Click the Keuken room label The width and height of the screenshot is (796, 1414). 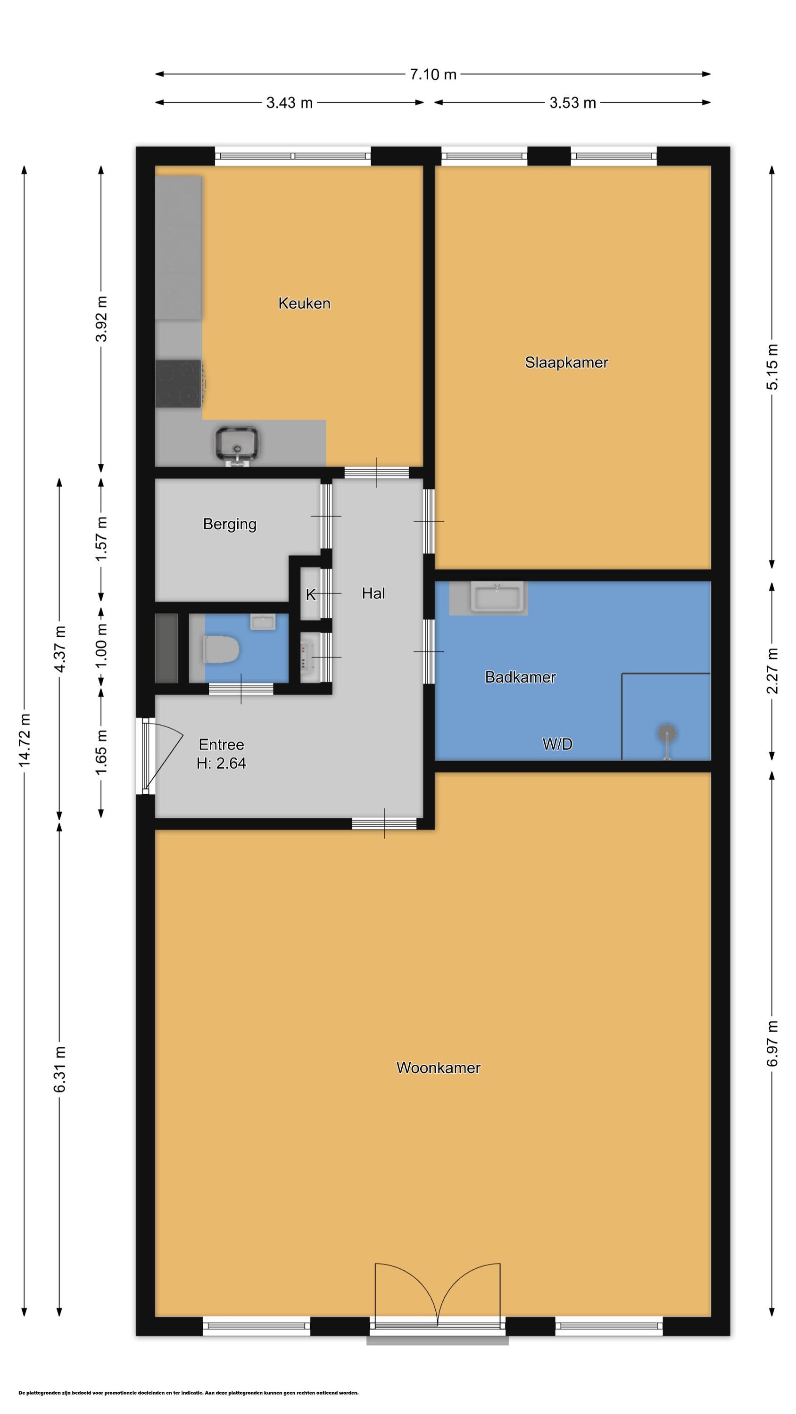304,303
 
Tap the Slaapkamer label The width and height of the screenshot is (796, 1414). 566,362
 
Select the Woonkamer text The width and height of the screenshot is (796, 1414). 439,1068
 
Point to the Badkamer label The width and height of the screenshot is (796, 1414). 520,677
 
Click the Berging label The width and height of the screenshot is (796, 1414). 230,524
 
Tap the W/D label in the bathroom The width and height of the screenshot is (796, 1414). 557,744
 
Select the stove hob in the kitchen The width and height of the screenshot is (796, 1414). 179,384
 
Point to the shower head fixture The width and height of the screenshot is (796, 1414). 666,733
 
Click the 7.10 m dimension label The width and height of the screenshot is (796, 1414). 433,74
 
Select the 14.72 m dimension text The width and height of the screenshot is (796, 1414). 25,740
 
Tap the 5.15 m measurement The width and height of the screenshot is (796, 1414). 772,367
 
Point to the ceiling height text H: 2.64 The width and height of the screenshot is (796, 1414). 221,763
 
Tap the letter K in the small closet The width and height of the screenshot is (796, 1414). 310,594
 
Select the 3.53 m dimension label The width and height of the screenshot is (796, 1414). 573,103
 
